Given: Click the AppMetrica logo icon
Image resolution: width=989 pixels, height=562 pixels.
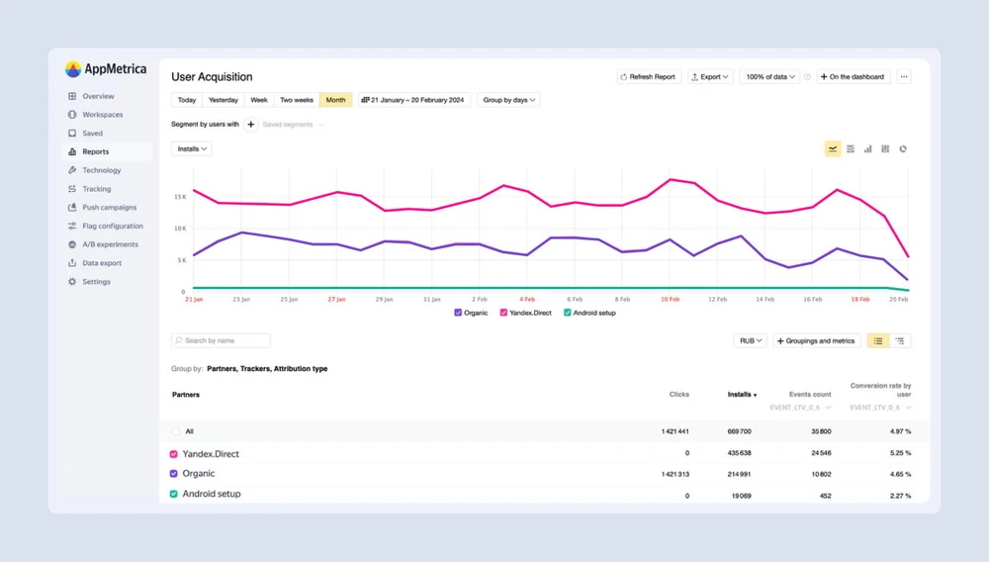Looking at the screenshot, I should coord(73,69).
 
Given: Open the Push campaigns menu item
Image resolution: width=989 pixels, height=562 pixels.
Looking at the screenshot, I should coord(109,208).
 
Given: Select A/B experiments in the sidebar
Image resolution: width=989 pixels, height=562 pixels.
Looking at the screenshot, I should coord(110,244).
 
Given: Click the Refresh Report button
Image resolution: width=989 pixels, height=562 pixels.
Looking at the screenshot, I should coord(649,77).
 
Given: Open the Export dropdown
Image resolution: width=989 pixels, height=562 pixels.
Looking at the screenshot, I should coord(710,77).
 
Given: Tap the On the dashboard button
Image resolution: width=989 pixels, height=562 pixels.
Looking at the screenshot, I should coord(854,77).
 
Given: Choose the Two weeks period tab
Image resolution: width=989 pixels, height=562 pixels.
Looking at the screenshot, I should coord(297,100).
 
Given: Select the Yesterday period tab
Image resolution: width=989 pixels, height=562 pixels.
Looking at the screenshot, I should coord(224,100).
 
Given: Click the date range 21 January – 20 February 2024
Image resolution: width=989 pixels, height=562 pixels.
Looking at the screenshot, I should coord(414,100).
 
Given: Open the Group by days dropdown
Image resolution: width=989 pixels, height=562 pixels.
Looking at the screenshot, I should coord(508,100).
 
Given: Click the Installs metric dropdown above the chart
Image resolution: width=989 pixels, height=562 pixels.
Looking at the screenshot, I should coord(192,149).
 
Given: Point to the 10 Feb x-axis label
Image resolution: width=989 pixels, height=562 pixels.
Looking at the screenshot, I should coord(670,299).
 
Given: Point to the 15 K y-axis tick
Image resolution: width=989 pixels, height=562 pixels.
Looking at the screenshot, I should coord(179,197).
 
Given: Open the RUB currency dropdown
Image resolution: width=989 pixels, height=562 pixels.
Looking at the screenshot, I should coord(751,341).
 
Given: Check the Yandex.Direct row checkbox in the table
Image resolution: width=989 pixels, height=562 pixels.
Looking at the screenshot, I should coord(175,454).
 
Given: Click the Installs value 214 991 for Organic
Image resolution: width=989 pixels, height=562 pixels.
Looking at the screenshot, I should coord(739,474).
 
